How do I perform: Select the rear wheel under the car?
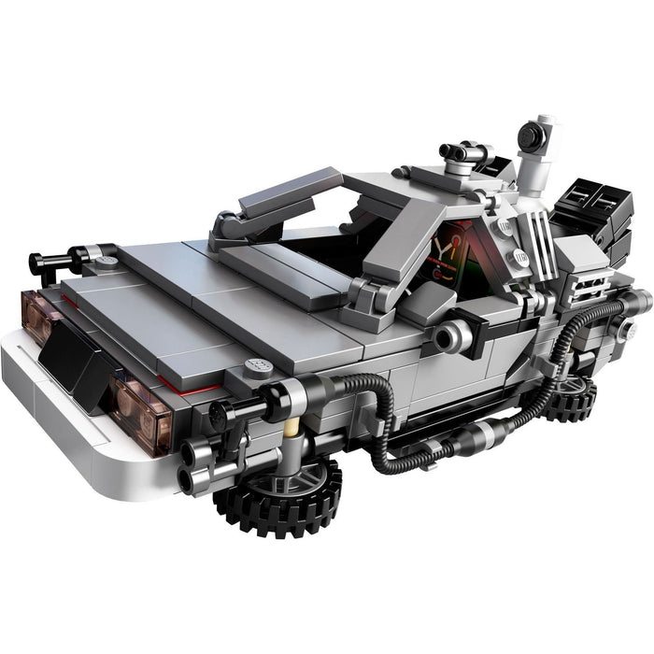(572, 400)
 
